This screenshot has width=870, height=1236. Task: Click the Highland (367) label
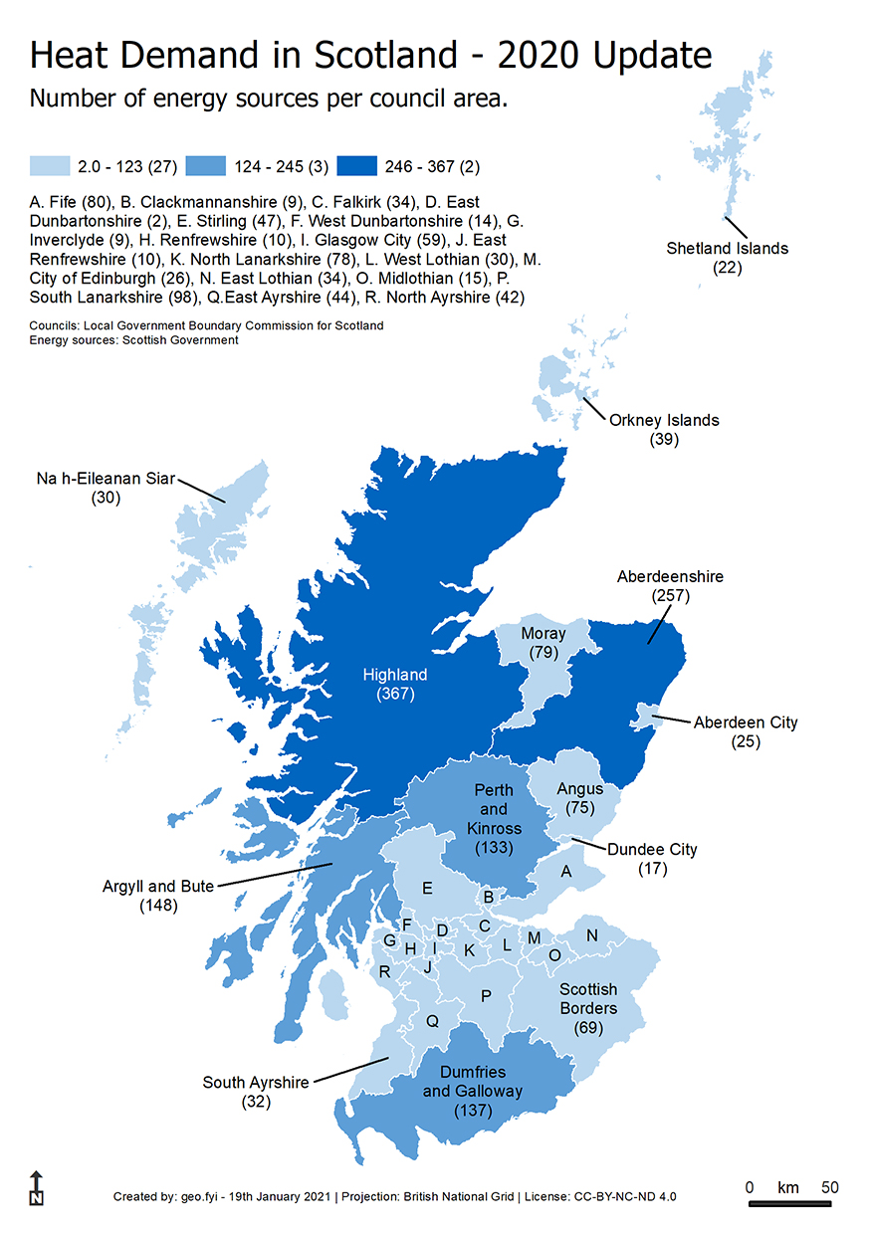pyautogui.click(x=395, y=684)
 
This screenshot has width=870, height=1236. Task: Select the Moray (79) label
pyautogui.click(x=544, y=643)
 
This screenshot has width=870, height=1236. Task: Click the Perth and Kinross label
pyautogui.click(x=494, y=819)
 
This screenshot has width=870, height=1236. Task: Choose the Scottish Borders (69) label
pyautogui.click(x=587, y=1007)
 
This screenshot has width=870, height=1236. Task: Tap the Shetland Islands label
pyautogui.click(x=727, y=257)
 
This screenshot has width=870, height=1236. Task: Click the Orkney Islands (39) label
pyautogui.click(x=664, y=429)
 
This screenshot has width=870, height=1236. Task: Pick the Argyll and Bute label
pyautogui.click(x=158, y=896)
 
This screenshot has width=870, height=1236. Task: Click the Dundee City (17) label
pyautogui.click(x=652, y=859)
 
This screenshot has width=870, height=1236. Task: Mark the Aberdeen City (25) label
pyautogui.click(x=746, y=731)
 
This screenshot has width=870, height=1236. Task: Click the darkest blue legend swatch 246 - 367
pyautogui.click(x=356, y=165)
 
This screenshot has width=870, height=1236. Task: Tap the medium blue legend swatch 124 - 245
pyautogui.click(x=203, y=165)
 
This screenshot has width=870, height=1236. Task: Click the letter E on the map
pyautogui.click(x=427, y=888)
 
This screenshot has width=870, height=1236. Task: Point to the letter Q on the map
pyautogui.click(x=432, y=1021)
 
